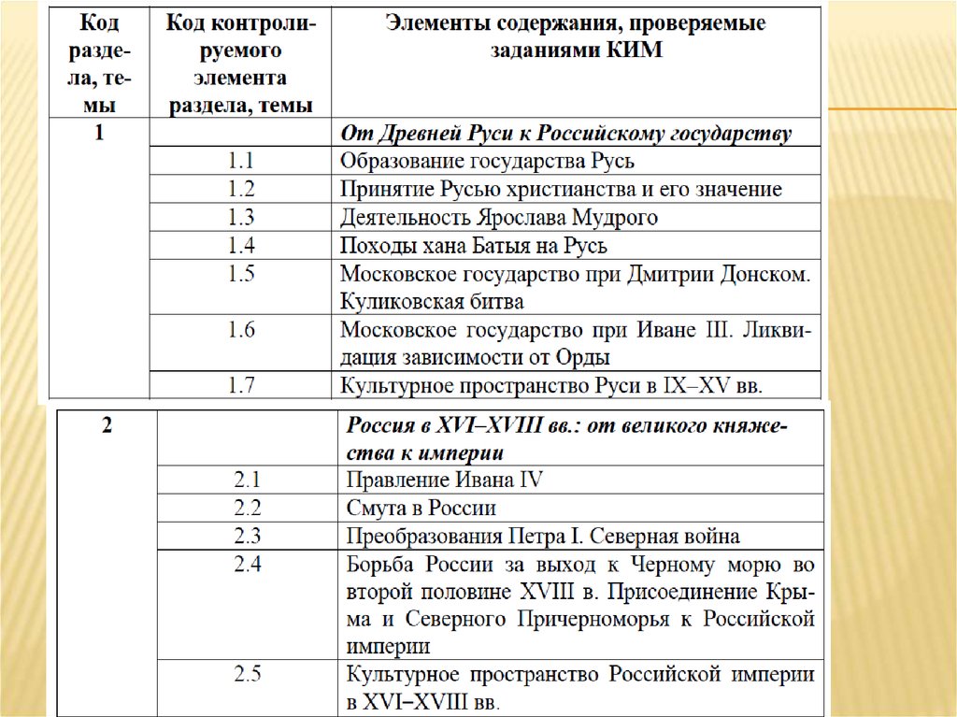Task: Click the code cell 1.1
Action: [241, 161]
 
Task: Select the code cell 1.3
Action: [241, 218]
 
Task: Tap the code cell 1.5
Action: [241, 274]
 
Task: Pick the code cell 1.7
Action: [241, 385]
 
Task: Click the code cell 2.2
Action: [248, 509]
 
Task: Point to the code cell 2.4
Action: [248, 565]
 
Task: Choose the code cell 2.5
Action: [248, 674]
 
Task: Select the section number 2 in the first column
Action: [106, 426]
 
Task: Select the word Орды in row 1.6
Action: [588, 357]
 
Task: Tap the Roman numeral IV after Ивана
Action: [530, 480]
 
